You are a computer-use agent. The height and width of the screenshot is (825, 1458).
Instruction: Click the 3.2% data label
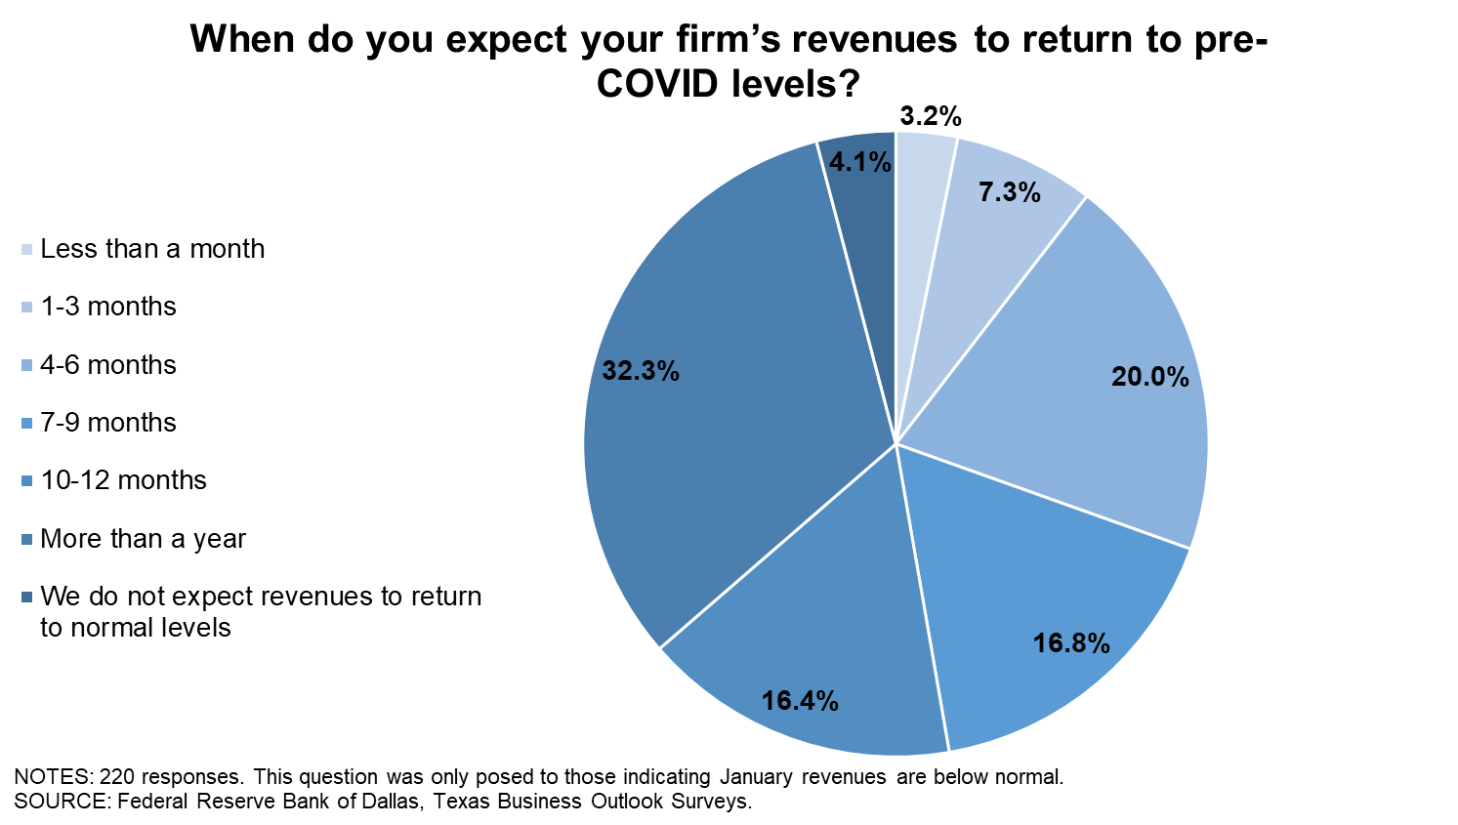point(930,117)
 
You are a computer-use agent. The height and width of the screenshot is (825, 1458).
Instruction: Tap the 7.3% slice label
point(1009,192)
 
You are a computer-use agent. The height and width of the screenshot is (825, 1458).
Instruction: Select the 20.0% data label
point(1149,377)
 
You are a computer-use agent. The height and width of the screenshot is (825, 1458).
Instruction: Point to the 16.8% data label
point(1071,643)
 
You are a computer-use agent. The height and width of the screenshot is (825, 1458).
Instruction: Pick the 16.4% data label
point(800,701)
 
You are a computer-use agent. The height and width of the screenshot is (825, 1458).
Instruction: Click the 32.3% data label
point(641,371)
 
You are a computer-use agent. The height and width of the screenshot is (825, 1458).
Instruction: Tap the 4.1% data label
point(859,162)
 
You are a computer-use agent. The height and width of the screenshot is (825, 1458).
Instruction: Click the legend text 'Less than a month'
point(152,249)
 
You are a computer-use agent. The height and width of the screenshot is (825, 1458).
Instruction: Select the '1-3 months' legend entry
point(108,307)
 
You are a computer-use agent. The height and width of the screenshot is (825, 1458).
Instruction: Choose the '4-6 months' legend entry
point(108,365)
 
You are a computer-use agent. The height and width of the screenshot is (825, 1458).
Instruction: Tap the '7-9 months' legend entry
point(108,423)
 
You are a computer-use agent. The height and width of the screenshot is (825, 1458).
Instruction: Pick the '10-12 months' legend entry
point(123,480)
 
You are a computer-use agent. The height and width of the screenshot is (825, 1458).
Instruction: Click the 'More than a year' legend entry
point(143,539)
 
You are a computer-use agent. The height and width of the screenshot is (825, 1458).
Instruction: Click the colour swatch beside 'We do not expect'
point(27,597)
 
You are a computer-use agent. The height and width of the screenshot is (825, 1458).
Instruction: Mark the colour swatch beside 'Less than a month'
point(27,250)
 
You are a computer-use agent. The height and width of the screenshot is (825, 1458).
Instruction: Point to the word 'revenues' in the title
point(874,40)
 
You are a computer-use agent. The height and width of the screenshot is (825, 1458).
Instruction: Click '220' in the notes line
point(117,777)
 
